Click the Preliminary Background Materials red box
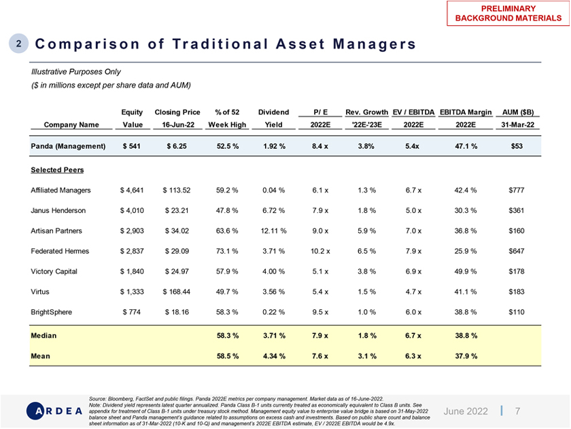[x=507, y=13]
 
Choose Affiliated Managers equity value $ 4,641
[x=133, y=190]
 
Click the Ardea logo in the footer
[x=54, y=411]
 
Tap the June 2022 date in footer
[x=466, y=411]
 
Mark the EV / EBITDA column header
[x=414, y=111]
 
